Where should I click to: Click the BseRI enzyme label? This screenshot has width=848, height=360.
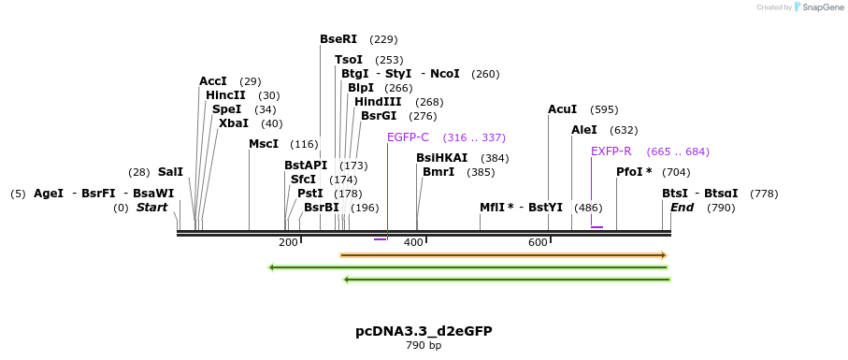pos(338,39)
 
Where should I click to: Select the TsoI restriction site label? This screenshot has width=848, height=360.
pos(349,60)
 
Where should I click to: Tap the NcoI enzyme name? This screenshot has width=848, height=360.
pos(445,74)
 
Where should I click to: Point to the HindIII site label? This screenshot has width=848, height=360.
pos(378,102)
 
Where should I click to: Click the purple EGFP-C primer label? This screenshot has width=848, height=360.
pos(408,137)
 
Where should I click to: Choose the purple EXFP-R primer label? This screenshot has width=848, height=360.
pos(611,151)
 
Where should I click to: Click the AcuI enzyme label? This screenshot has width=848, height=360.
pos(563,109)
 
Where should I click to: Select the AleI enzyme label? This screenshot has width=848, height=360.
pos(583,130)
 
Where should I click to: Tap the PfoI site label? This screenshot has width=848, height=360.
pos(636,172)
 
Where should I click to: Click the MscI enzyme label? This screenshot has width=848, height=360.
pos(264,144)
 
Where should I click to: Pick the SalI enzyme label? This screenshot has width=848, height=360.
pos(170,172)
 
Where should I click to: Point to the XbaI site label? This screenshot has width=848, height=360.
pos(234,123)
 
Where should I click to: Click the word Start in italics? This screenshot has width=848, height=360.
pos(151,208)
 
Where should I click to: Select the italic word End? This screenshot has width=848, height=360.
pos(683,208)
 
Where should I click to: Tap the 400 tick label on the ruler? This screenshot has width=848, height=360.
pos(412,243)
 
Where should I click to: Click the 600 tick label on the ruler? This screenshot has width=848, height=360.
pos(538,243)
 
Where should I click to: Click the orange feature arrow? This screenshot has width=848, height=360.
pos(503,254)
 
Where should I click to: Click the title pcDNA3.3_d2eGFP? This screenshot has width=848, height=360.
pos(424,331)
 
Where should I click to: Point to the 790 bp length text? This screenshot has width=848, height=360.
pos(424,346)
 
